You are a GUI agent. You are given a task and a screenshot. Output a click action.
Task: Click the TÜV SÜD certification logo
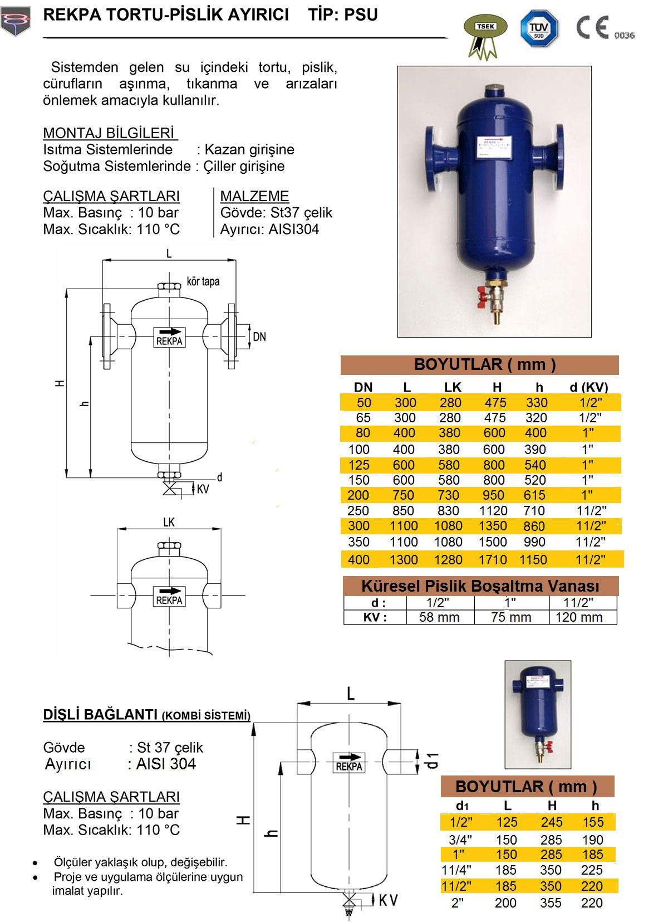(538, 28)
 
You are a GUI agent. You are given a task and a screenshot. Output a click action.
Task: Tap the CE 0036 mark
(605, 28)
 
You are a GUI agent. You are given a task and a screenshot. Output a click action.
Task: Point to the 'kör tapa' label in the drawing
(203, 281)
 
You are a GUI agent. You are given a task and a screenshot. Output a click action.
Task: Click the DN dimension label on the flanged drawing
(259, 336)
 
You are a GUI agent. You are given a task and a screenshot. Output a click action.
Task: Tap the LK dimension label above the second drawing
(169, 523)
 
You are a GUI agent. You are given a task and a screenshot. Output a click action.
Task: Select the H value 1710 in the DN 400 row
(493, 559)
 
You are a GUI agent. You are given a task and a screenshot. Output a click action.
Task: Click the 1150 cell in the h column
(533, 559)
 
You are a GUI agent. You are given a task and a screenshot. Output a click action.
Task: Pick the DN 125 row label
(358, 465)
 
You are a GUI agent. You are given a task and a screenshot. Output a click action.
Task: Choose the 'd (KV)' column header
(589, 387)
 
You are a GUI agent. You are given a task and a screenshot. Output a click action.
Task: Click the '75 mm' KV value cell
(511, 617)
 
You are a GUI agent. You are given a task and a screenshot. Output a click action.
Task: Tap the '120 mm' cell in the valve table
(579, 617)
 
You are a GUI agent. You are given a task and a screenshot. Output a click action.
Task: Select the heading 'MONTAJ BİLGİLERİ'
(110, 134)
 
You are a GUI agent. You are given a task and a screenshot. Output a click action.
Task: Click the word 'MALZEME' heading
(254, 196)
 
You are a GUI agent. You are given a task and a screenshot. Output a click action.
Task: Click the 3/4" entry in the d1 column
(459, 840)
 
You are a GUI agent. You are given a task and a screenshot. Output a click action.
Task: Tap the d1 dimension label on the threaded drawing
(433, 760)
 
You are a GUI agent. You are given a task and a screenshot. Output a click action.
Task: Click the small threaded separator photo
(537, 714)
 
